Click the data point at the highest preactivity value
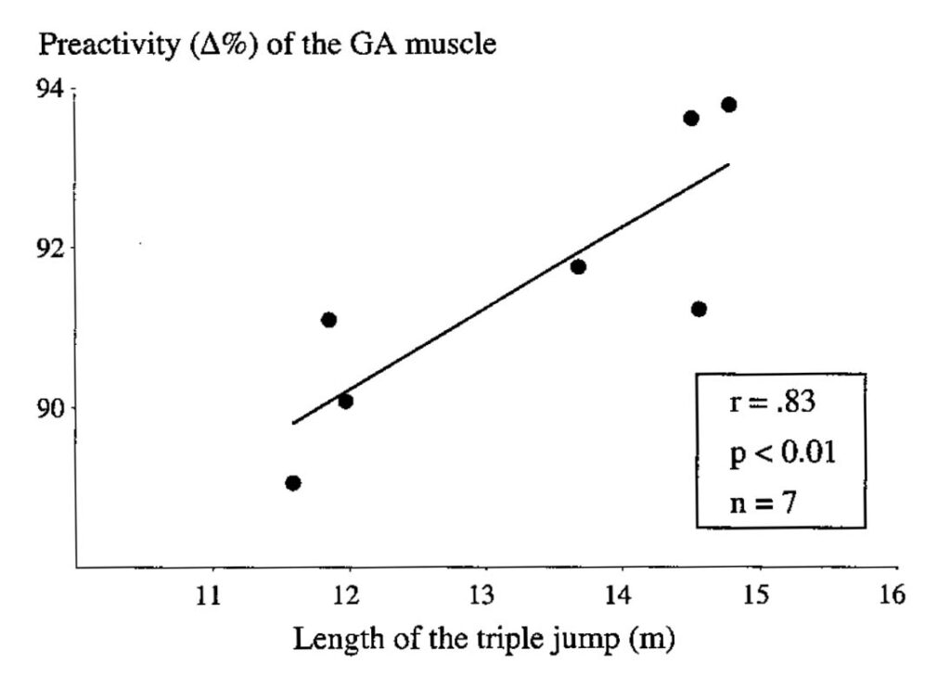pyautogui.click(x=728, y=105)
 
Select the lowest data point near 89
pyautogui.click(x=293, y=482)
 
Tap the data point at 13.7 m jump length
pyautogui.click(x=578, y=267)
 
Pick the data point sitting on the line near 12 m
pyautogui.click(x=345, y=402)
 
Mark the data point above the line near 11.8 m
pyautogui.click(x=328, y=320)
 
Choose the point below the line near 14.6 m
pyautogui.click(x=699, y=309)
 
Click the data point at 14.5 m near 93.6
pyautogui.click(x=690, y=118)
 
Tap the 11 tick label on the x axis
pyautogui.click(x=212, y=593)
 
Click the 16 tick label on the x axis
pyautogui.click(x=891, y=593)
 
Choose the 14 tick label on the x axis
pyautogui.click(x=620, y=593)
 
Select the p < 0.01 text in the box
pyautogui.click(x=782, y=454)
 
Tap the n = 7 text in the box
pyautogui.click(x=761, y=504)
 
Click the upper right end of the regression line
pyautogui.click(x=728, y=165)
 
